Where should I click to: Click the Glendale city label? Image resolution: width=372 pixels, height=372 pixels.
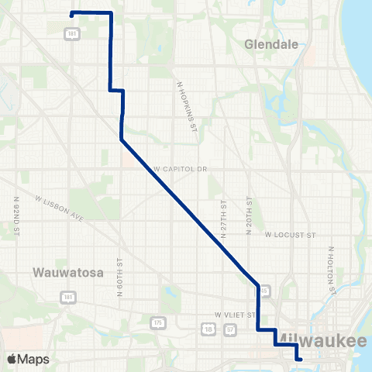click(x=271, y=44)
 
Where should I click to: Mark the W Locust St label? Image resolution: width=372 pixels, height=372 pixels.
click(x=291, y=233)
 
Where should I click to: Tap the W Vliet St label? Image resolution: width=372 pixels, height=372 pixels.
click(x=235, y=315)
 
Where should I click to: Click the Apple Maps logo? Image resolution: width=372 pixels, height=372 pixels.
click(x=28, y=359)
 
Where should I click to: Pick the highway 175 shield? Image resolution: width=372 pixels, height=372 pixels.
click(x=159, y=321)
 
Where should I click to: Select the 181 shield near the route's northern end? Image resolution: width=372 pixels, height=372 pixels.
click(x=71, y=34)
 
